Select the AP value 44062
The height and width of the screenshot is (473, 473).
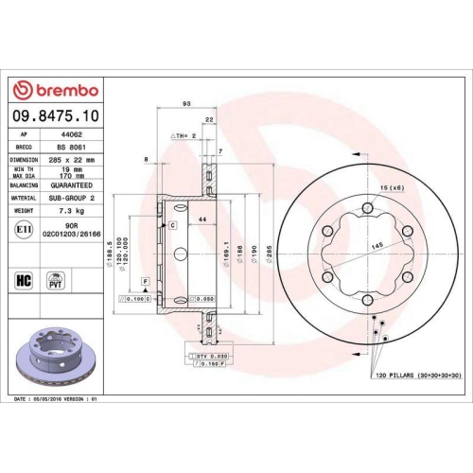tap(67, 136)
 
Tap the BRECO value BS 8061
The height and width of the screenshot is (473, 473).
tap(67, 149)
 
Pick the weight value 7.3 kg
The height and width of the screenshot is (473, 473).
tap(67, 210)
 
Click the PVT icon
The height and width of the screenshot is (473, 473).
tap(56, 280)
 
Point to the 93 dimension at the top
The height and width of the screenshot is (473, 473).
tap(186, 103)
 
